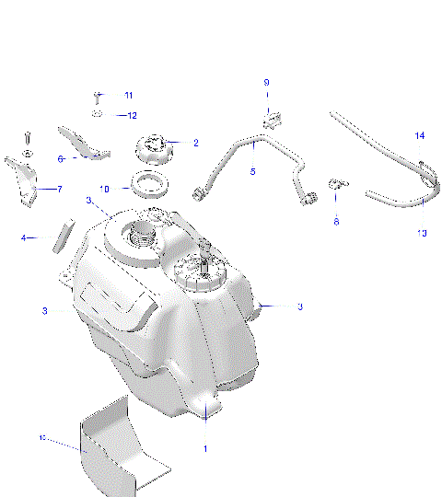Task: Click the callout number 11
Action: (x=128, y=96)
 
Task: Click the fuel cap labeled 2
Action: (x=154, y=147)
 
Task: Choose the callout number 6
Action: (x=61, y=158)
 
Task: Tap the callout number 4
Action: (x=24, y=238)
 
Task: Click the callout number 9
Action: (x=267, y=83)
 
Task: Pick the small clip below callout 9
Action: (x=271, y=118)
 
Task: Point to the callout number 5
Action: (x=252, y=171)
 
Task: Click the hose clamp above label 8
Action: (x=336, y=183)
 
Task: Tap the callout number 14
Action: (x=419, y=136)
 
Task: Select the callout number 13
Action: (x=422, y=233)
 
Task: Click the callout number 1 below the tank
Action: (x=205, y=448)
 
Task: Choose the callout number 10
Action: (x=104, y=188)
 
